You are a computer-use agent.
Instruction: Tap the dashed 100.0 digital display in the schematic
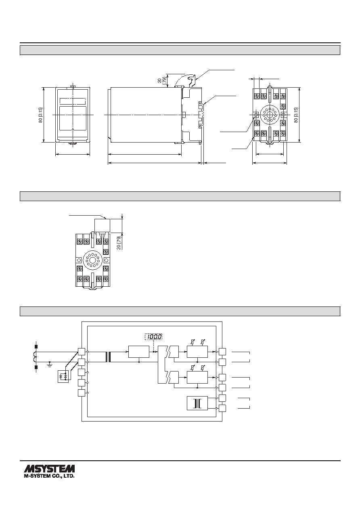pyautogui.click(x=154, y=336)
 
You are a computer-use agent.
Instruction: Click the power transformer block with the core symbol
pyautogui.click(x=197, y=403)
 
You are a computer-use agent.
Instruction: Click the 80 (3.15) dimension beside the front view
pyautogui.click(x=40, y=115)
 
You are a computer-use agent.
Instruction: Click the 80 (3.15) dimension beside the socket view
pyautogui.click(x=296, y=115)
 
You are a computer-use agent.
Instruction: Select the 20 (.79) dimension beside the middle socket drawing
pyautogui.click(x=119, y=243)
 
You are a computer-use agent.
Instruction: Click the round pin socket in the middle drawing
pyautogui.click(x=92, y=260)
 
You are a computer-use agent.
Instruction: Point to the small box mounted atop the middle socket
pyautogui.click(x=102, y=226)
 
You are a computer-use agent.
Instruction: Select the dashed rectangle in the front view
pyautogui.click(x=73, y=101)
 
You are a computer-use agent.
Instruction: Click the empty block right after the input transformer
pyautogui.click(x=139, y=352)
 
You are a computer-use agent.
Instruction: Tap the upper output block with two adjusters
pyautogui.click(x=197, y=352)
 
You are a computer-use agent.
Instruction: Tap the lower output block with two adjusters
pyautogui.click(x=197, y=377)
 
